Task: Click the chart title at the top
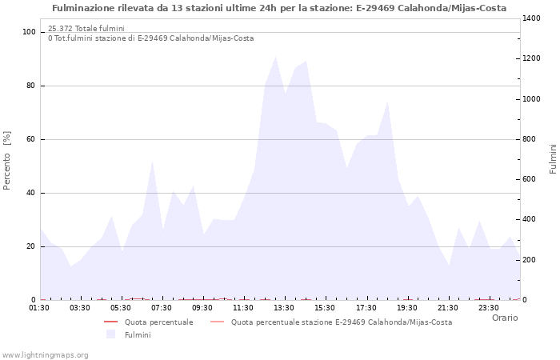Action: tap(279, 8)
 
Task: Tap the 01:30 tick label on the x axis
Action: tap(40, 307)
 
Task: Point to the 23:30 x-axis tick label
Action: tap(489, 307)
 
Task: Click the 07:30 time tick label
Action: tap(162, 307)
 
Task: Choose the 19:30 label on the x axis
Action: tap(407, 307)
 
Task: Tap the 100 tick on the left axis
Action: tap(29, 32)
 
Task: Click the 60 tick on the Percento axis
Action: tap(31, 139)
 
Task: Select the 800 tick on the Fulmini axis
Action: tap(531, 139)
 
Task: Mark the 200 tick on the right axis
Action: tap(531, 260)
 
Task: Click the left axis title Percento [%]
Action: tap(8, 160)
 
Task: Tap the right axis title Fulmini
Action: tap(553, 158)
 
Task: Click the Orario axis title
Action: tap(504, 318)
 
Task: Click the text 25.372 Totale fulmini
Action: tap(86, 29)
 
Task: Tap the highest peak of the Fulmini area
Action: tap(275, 57)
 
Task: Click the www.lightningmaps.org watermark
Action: tap(45, 354)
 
